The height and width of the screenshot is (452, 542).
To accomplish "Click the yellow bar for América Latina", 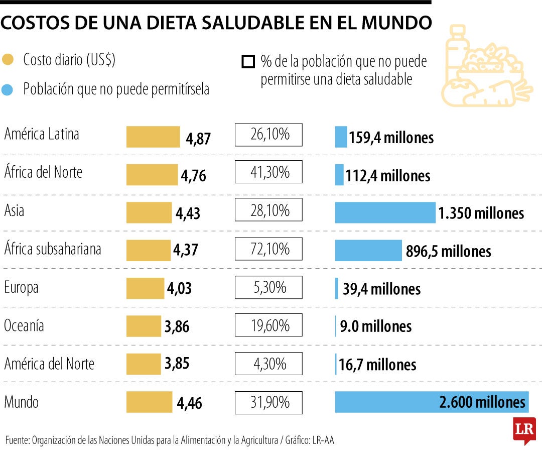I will pyautogui.click(x=153, y=137).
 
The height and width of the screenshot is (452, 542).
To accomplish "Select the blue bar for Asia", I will pyautogui.click(x=385, y=212).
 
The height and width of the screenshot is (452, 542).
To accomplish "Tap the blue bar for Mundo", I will pyautogui.click(x=432, y=402).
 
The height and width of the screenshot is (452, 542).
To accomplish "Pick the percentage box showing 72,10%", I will pyautogui.click(x=268, y=249).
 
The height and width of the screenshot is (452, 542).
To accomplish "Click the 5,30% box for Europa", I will pyautogui.click(x=268, y=287).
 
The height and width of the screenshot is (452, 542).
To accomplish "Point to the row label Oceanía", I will pyautogui.click(x=24, y=325).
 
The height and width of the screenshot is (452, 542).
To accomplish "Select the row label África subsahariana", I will pyautogui.click(x=53, y=249).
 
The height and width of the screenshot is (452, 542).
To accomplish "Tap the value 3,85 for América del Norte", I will pyautogui.click(x=177, y=364).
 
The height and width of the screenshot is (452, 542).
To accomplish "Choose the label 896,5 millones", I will pyautogui.click(x=448, y=251).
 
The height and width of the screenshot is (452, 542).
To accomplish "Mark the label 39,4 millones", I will pyautogui.click(x=381, y=289).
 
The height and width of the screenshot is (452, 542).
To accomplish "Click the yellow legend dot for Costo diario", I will pyautogui.click(x=8, y=60).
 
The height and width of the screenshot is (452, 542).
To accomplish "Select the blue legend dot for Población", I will pyautogui.click(x=8, y=89).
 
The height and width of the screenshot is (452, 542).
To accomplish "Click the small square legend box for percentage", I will pyautogui.click(x=247, y=62).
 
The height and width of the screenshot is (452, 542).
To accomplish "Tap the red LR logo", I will pyautogui.click(x=524, y=429).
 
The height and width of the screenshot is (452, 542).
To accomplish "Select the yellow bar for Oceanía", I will pyautogui.click(x=144, y=326).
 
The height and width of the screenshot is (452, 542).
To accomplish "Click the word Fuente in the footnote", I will pyautogui.click(x=17, y=440).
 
